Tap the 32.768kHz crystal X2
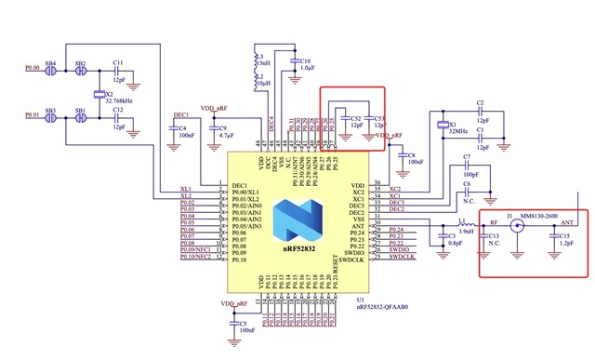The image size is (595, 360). point(98,94)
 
